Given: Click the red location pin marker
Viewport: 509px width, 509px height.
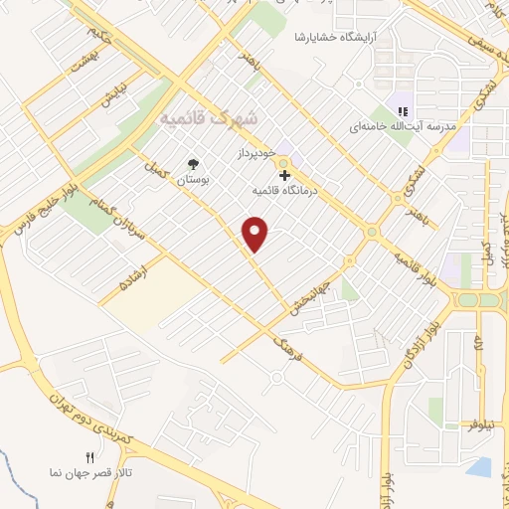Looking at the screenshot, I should pos(256,233).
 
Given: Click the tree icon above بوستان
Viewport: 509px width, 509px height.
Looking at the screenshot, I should pos(192,164).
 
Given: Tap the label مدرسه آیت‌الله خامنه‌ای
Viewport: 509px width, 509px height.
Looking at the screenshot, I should pos(402,127).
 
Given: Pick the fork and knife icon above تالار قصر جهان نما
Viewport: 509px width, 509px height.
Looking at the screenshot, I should pos(89,458).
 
